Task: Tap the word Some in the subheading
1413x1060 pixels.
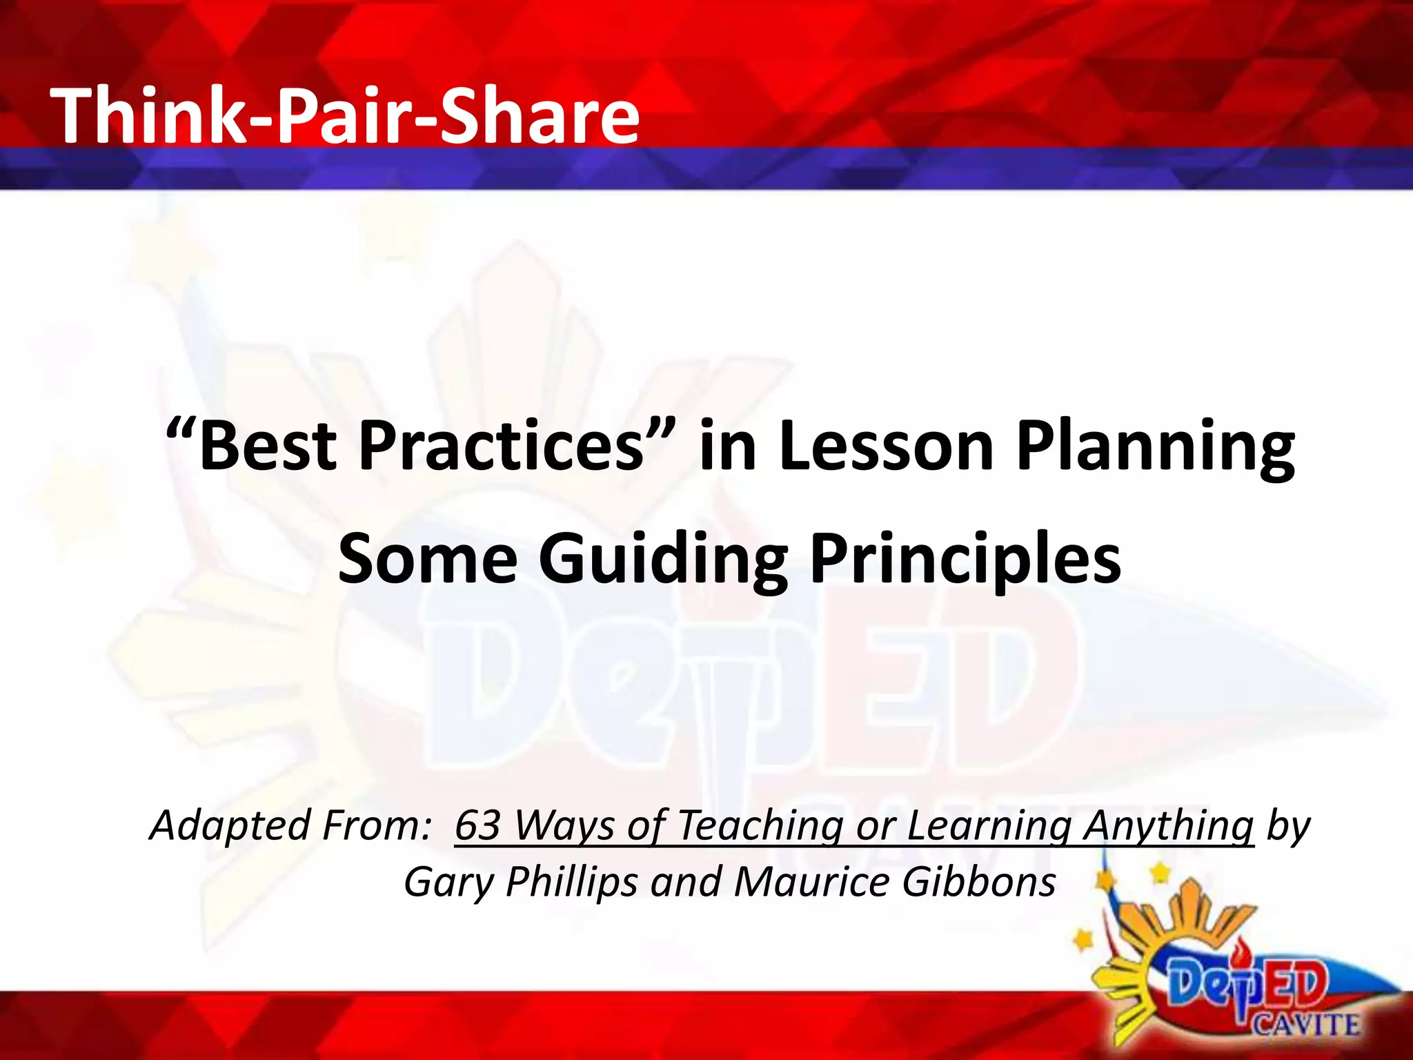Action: coord(427,558)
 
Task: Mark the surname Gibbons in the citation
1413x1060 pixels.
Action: coord(979,882)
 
